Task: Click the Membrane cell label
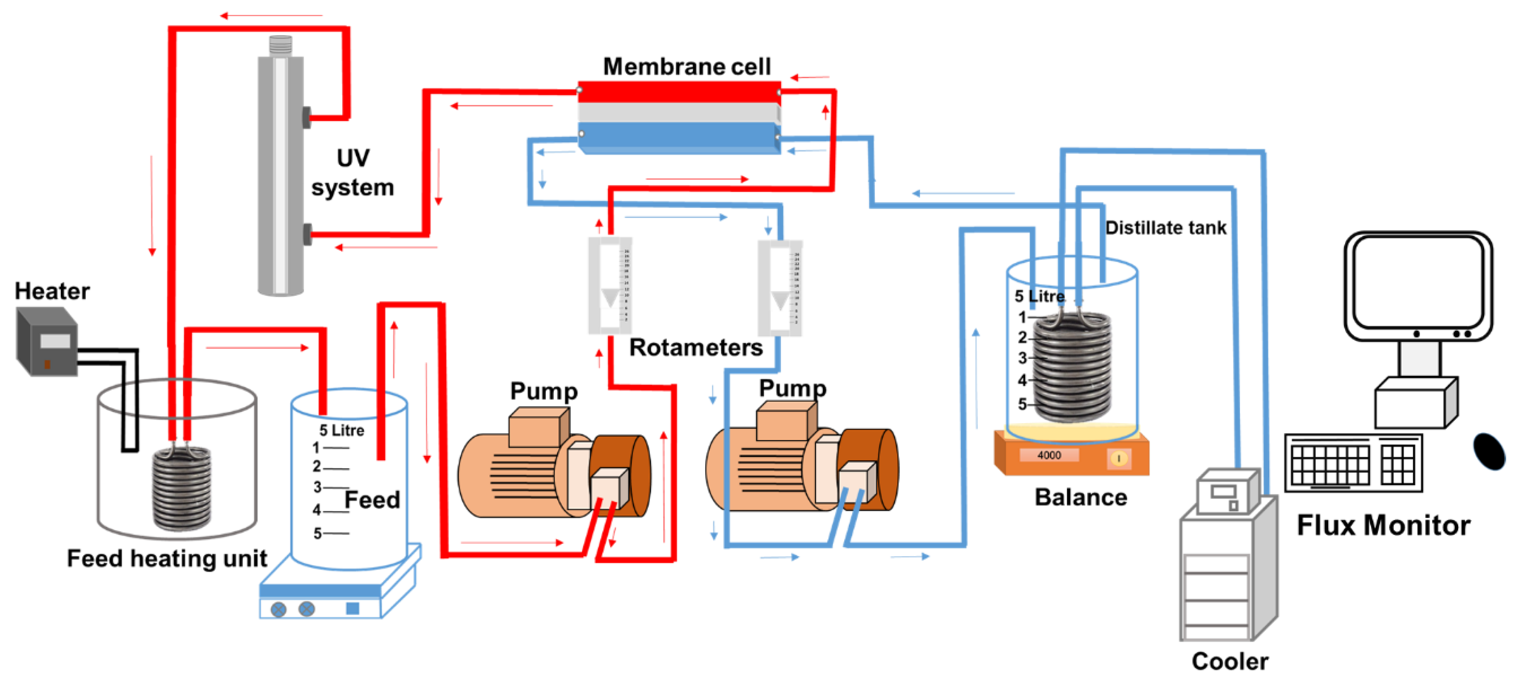click(x=686, y=67)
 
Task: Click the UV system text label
click(x=353, y=173)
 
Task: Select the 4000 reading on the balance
click(x=1049, y=455)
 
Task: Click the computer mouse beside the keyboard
click(x=1489, y=452)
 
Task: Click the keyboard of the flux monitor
click(x=1353, y=463)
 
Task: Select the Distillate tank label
click(x=1165, y=228)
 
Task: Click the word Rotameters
click(x=696, y=348)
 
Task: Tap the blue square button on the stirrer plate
click(x=353, y=608)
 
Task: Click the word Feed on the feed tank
click(x=372, y=500)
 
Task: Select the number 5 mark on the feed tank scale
click(x=317, y=533)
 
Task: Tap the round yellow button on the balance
click(x=1118, y=458)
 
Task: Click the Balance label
click(x=1081, y=497)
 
